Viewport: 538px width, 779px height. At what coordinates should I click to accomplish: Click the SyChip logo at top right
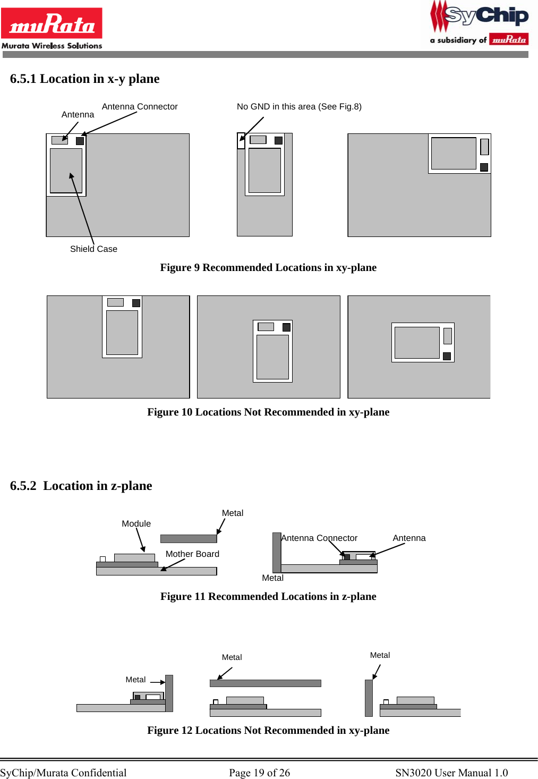pyautogui.click(x=480, y=23)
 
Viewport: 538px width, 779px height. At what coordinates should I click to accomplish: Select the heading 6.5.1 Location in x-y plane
pyautogui.click(x=84, y=79)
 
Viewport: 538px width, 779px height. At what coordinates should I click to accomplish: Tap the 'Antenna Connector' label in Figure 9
pyautogui.click(x=140, y=106)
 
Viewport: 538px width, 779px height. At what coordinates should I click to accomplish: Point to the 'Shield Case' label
pyautogui.click(x=93, y=249)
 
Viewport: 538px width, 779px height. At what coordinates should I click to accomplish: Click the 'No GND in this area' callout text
pyautogui.click(x=299, y=106)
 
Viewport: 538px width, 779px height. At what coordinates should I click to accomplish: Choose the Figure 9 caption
pyautogui.click(x=268, y=267)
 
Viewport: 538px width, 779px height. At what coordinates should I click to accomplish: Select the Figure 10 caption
pyautogui.click(x=268, y=412)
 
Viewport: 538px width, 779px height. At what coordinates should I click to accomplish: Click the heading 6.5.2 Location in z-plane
pyautogui.click(x=81, y=486)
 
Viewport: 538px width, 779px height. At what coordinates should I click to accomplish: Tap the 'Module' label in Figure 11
pyautogui.click(x=136, y=523)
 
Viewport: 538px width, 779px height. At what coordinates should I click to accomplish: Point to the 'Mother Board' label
pyautogui.click(x=192, y=554)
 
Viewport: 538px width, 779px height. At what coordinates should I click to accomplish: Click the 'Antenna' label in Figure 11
pyautogui.click(x=409, y=538)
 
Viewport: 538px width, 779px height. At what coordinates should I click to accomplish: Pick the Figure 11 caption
pyautogui.click(x=268, y=596)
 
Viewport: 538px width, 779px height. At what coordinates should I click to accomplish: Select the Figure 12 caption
pyautogui.click(x=268, y=730)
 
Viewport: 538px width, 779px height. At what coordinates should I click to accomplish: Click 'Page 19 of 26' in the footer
pyautogui.click(x=259, y=773)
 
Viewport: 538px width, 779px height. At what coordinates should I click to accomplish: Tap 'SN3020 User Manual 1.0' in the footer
pyautogui.click(x=451, y=773)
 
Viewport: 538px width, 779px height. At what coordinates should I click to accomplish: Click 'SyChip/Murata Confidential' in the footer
pyautogui.click(x=63, y=773)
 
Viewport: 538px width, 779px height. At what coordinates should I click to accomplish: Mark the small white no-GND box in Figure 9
pyautogui.click(x=241, y=141)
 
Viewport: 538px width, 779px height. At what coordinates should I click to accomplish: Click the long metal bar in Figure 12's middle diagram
pyautogui.click(x=265, y=683)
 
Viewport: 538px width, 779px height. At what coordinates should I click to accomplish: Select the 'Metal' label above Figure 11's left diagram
pyautogui.click(x=233, y=513)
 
